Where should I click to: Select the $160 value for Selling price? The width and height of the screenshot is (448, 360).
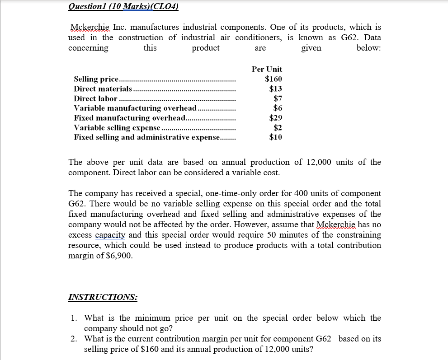(x=274, y=79)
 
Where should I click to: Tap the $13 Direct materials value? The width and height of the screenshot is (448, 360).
(x=275, y=89)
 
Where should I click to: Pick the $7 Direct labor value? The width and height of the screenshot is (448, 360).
(x=278, y=98)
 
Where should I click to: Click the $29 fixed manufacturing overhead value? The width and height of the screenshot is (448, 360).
(x=275, y=118)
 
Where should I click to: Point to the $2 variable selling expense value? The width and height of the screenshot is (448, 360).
(x=278, y=128)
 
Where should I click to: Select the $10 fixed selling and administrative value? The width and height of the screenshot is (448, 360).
(x=275, y=137)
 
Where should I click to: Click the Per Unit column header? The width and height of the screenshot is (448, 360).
(x=267, y=69)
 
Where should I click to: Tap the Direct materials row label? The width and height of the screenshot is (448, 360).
(x=103, y=89)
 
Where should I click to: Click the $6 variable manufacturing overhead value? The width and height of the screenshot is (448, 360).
(x=278, y=108)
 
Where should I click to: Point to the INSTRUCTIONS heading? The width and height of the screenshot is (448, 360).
(x=103, y=297)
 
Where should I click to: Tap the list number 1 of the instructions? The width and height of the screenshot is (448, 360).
(x=74, y=318)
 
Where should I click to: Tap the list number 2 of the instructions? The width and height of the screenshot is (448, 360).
(x=74, y=339)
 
